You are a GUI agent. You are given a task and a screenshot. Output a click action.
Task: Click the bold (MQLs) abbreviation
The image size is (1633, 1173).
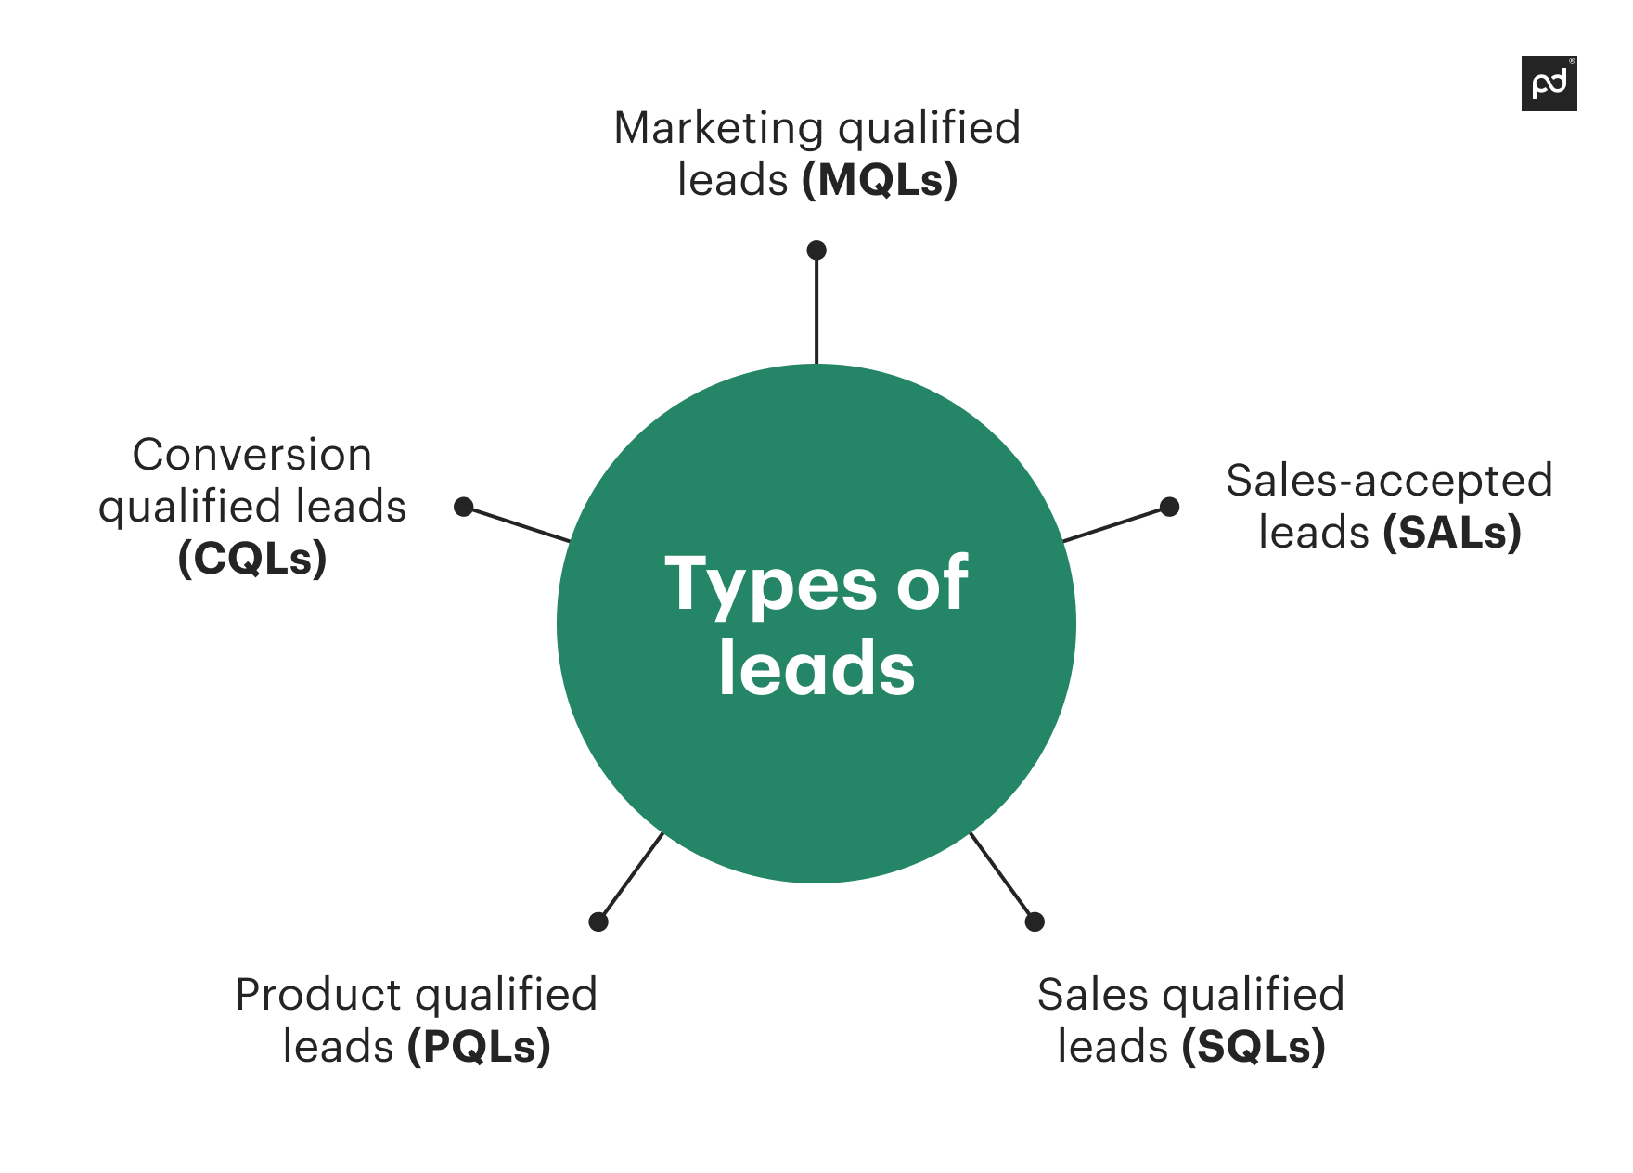click(880, 180)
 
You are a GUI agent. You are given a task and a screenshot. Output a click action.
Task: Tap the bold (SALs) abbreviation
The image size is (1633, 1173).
click(1452, 533)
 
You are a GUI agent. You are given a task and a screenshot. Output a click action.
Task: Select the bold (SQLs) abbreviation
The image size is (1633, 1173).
click(1254, 1047)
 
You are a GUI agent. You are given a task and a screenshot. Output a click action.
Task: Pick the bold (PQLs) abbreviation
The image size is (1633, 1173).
click(479, 1047)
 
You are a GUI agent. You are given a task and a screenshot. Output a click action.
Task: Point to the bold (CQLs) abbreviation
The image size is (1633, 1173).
click(252, 559)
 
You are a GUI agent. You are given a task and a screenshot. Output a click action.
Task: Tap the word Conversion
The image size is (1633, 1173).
click(252, 455)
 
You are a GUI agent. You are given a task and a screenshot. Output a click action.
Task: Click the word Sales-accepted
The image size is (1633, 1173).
click(1389, 481)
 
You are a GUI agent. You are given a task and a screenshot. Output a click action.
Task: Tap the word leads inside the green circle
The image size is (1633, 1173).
click(816, 668)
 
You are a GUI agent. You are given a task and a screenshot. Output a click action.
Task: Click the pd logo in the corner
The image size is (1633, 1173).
click(1549, 84)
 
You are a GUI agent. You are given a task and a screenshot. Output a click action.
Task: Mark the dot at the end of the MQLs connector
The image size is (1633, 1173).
click(816, 251)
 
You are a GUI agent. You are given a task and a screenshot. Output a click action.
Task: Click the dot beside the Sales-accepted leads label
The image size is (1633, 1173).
click(1170, 507)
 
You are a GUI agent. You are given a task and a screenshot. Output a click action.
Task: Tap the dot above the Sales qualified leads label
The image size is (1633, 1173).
click(1035, 922)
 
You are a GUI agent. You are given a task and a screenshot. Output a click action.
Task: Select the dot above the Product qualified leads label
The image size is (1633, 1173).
click(598, 922)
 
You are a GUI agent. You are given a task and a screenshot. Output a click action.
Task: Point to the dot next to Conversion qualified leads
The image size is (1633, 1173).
click(464, 507)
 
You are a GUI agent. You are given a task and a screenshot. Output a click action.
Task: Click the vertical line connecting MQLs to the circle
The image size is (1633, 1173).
click(816, 311)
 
